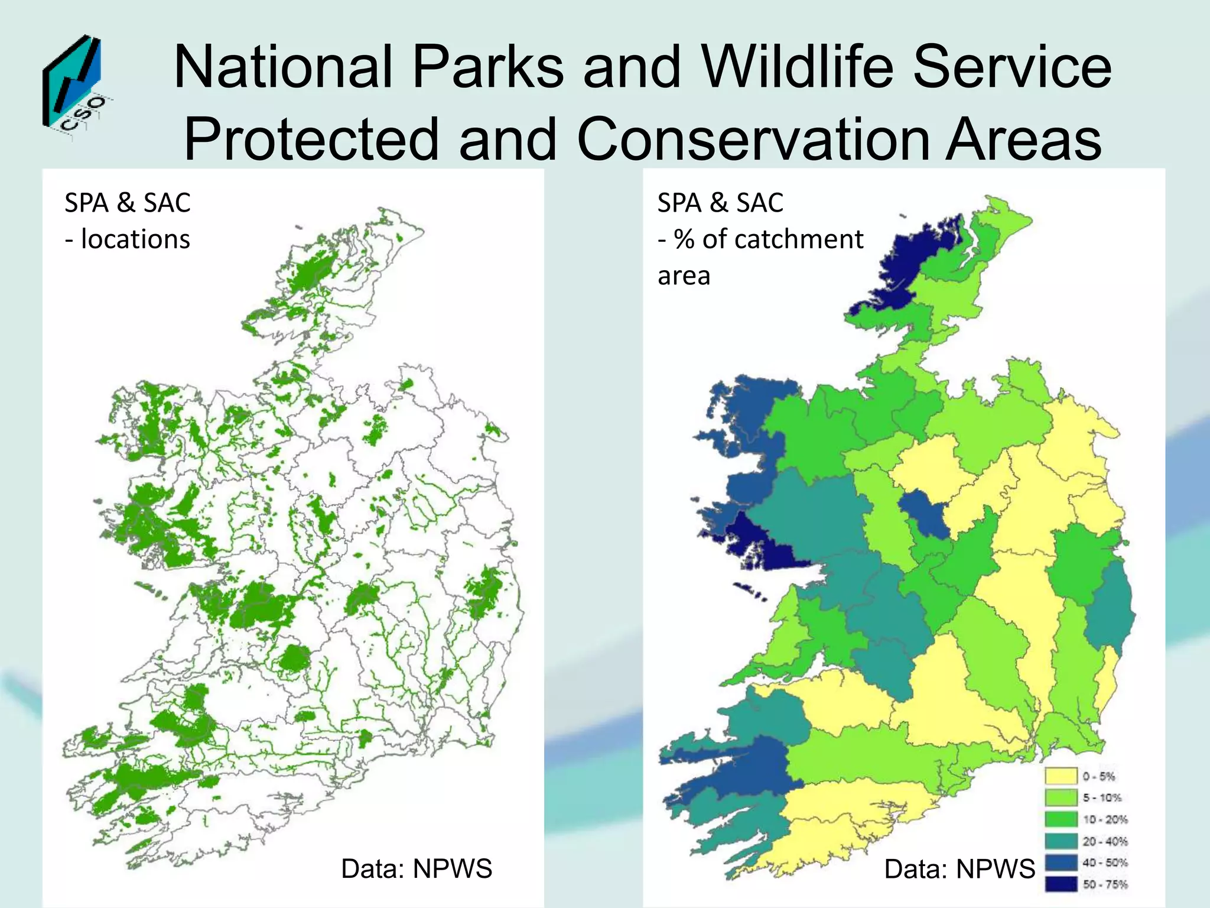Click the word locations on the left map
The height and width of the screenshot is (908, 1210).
tap(135, 239)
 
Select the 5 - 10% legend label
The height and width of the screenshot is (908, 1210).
tap(1102, 798)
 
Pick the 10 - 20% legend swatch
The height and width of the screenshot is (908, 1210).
tap(1061, 819)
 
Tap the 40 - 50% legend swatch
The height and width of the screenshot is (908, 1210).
tap(1061, 862)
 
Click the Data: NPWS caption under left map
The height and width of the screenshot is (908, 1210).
tap(417, 869)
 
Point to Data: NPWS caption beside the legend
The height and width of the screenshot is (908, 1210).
tap(959, 869)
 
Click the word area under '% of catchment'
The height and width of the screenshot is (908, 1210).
tap(684, 276)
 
